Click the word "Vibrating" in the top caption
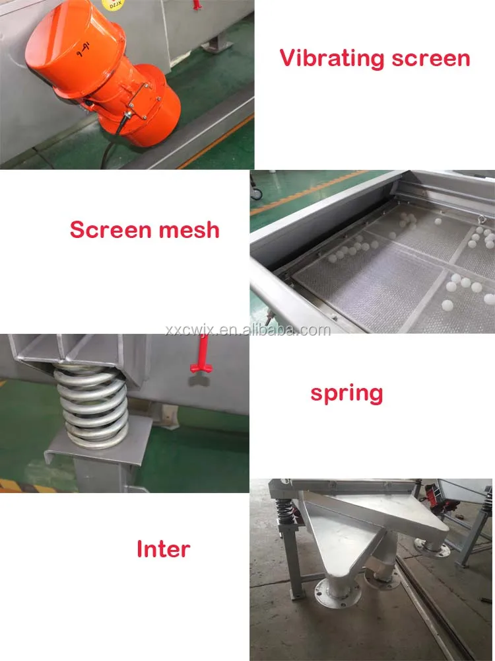[x=332, y=58]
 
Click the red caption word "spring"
[x=346, y=394]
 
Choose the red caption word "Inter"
[x=163, y=549]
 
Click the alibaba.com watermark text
[x=247, y=330]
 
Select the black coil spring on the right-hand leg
[x=487, y=502]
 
